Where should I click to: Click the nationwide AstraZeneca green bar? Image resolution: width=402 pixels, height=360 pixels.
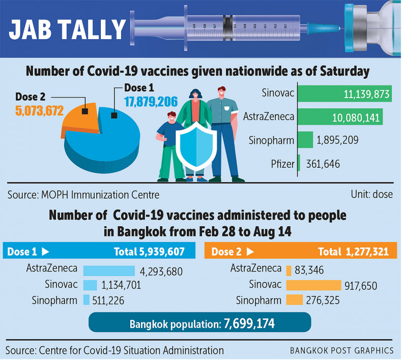[x=340, y=117]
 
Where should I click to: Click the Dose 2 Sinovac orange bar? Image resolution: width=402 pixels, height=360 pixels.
[x=313, y=285]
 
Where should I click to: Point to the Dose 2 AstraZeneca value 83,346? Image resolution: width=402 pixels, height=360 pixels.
[x=308, y=270]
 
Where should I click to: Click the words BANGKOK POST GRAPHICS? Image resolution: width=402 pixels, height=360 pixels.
[x=341, y=350]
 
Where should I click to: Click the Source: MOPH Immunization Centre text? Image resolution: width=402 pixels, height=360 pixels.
[x=83, y=194]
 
